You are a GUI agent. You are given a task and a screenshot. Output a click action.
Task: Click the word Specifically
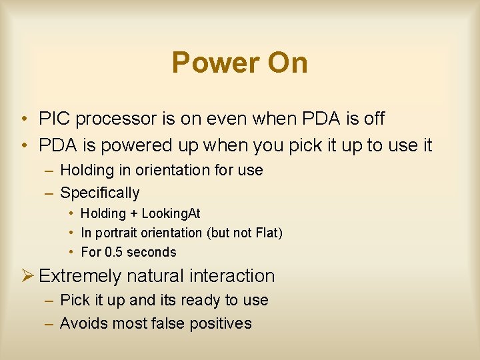pos(100,193)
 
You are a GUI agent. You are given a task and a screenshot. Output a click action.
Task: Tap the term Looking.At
pos(171,214)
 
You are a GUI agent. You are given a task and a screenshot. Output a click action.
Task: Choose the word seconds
pos(151,252)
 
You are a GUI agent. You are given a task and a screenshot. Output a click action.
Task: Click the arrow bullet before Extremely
pos(27,275)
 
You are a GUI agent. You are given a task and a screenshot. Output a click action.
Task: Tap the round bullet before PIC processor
pos(23,120)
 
